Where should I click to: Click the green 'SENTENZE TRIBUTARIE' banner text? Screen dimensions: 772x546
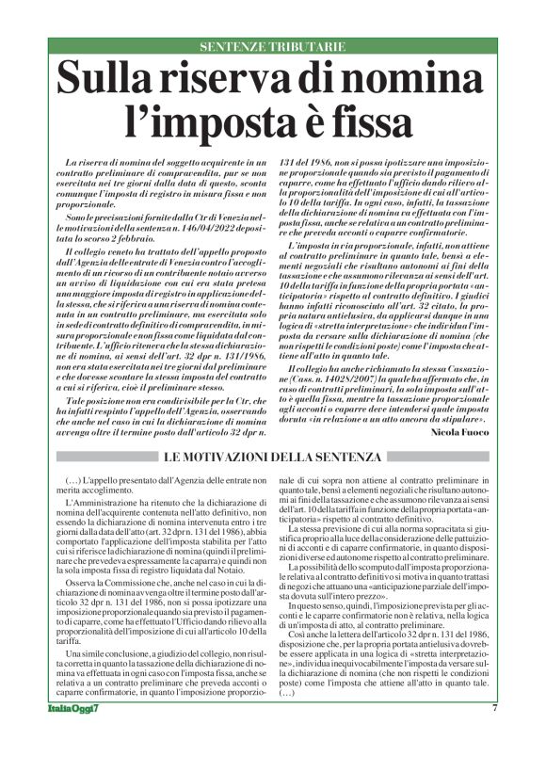click(x=272, y=47)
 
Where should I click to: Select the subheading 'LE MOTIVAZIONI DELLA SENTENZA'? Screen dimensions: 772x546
click(x=273, y=458)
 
